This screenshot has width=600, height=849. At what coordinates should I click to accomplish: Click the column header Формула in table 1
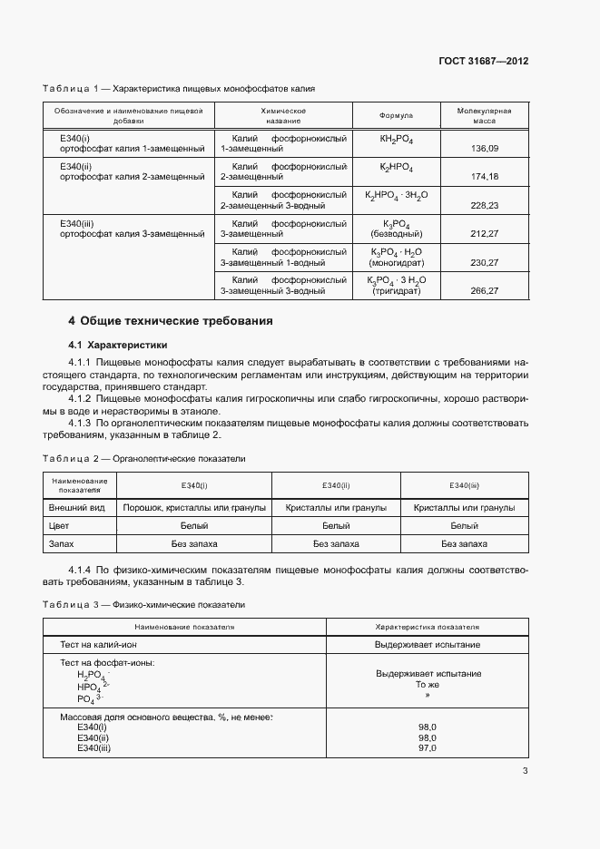point(396,116)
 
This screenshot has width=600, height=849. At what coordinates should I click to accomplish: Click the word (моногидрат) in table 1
point(396,262)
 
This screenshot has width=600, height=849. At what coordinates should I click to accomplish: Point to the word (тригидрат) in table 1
point(396,291)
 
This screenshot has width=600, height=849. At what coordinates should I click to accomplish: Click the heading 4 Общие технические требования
point(171,321)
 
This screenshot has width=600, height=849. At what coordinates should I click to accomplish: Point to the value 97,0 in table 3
point(428,747)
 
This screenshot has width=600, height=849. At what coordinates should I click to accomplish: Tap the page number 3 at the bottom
point(526,772)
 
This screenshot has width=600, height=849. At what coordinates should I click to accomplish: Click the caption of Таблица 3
point(143,604)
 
